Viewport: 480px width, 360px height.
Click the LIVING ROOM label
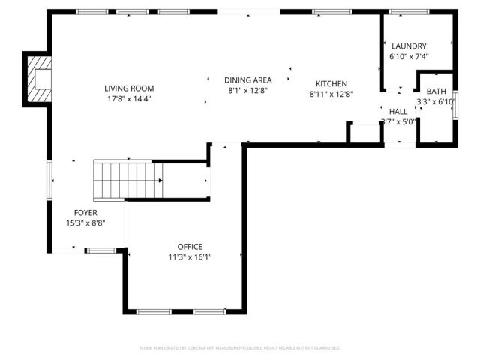(128, 88)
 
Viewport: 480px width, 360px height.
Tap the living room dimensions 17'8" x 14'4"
(128, 98)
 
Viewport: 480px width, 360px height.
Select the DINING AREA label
(247, 79)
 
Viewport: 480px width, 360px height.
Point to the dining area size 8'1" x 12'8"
(247, 90)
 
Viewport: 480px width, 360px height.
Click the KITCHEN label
(331, 83)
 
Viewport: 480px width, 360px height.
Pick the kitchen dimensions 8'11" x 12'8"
(331, 94)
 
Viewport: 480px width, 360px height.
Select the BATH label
(436, 91)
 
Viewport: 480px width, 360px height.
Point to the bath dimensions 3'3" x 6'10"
(436, 101)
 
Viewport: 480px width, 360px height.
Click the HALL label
(398, 111)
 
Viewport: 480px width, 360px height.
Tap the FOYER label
(85, 213)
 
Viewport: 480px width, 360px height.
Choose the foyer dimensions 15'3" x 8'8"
(85, 223)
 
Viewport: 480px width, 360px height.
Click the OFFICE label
(190, 247)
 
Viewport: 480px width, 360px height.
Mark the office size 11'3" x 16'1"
(190, 256)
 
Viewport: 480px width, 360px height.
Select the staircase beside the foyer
(124, 180)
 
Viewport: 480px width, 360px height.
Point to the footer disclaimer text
(240, 348)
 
